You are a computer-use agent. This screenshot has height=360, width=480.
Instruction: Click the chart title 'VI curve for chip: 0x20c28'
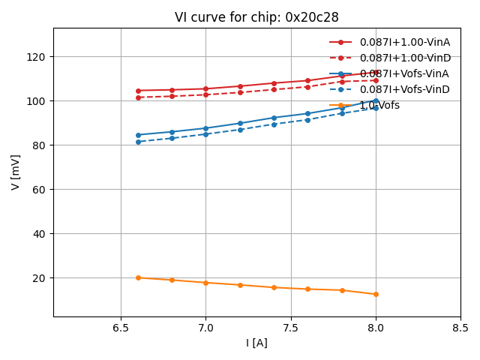(x=256, y=17)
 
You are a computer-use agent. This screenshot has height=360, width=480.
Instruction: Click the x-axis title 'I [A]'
(x=256, y=343)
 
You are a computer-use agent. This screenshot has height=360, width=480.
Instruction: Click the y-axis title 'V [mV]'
(x=16, y=172)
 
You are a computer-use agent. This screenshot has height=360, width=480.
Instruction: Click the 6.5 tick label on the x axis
(x=121, y=328)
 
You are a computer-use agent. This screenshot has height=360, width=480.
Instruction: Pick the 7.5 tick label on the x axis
(x=291, y=328)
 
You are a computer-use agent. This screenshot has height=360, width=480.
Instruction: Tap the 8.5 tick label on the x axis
(x=460, y=328)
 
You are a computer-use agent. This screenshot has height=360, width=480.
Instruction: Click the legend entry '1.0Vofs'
(x=379, y=105)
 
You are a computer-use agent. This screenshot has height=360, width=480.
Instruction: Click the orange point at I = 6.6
(x=138, y=277)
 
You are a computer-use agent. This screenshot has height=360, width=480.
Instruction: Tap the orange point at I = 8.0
(x=376, y=294)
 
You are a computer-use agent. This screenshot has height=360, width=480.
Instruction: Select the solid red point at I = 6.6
(x=138, y=91)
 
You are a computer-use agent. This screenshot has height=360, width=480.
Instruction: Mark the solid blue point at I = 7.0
(x=205, y=128)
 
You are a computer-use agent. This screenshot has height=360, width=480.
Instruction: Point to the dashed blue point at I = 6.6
(x=138, y=142)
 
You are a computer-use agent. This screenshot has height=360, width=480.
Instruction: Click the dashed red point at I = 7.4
(x=274, y=89)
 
